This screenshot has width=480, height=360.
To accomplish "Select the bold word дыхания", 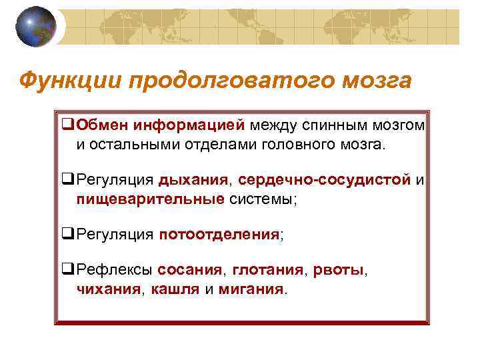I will pyautogui.click(x=194, y=180).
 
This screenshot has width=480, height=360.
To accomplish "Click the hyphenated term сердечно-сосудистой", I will pyautogui.click(x=325, y=180).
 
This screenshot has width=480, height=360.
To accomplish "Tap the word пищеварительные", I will pyautogui.click(x=150, y=198).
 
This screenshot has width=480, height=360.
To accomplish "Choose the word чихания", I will pyautogui.click(x=108, y=289).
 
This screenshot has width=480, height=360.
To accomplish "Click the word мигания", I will pyautogui.click(x=250, y=289).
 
